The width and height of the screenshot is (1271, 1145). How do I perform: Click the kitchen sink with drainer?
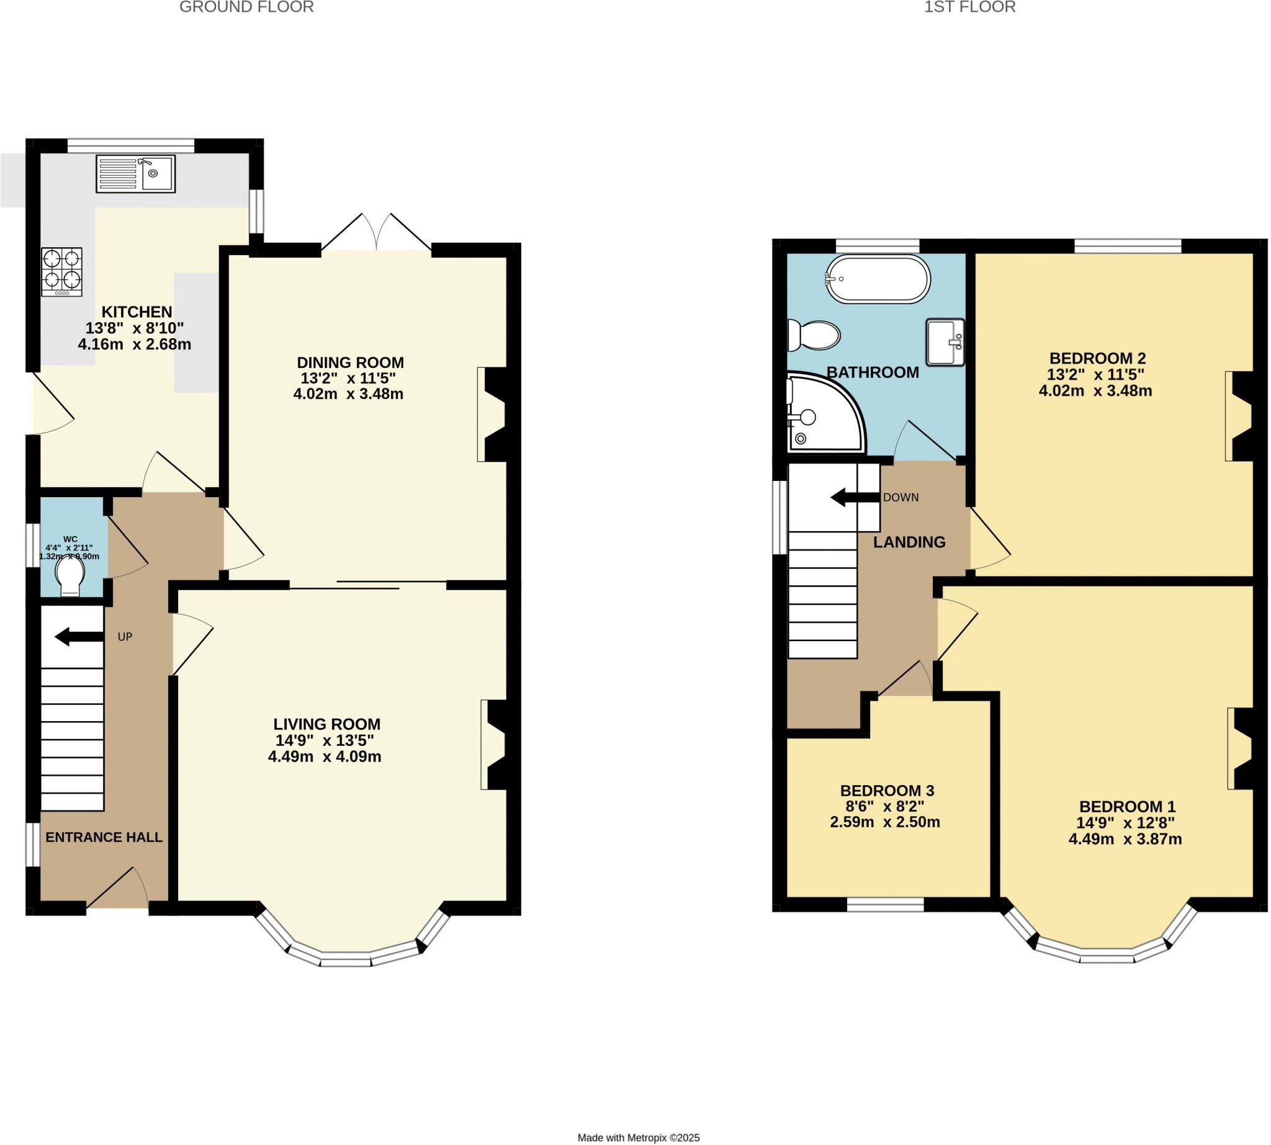[x=135, y=174]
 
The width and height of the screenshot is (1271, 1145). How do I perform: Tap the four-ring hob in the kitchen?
[x=61, y=272]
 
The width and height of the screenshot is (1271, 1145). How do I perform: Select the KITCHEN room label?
[x=137, y=312]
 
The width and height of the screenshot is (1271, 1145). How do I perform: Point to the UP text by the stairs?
[x=125, y=637]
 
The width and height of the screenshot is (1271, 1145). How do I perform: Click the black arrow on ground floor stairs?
[x=79, y=637]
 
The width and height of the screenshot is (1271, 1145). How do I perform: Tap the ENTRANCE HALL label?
[x=104, y=837]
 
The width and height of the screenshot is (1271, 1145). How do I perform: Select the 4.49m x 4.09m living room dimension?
[x=324, y=757]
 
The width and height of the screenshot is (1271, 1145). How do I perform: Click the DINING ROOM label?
[x=350, y=362]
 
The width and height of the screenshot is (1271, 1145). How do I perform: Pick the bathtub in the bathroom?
[x=878, y=279]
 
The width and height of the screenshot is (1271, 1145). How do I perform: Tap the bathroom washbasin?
[x=945, y=341]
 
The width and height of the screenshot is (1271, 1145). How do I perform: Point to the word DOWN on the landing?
[x=900, y=498]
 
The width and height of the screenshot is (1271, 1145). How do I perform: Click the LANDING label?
[x=909, y=542]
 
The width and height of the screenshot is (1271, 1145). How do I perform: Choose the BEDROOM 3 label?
[x=887, y=790]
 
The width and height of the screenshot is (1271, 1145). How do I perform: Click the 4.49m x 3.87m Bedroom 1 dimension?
[x=1125, y=838]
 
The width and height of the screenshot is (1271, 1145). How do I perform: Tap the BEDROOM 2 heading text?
[x=1097, y=358]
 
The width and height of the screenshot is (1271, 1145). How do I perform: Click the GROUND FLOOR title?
[x=246, y=7]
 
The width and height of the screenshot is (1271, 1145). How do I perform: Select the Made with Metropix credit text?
[x=638, y=1138]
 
